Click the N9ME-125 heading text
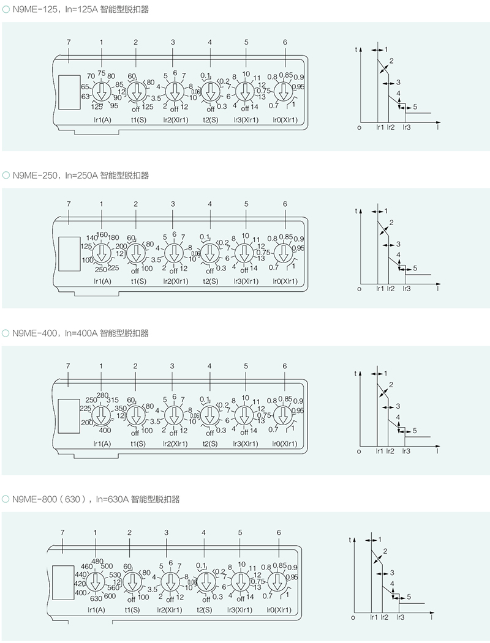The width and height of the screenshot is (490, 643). (80, 10)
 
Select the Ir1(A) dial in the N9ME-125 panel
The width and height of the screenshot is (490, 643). (101, 91)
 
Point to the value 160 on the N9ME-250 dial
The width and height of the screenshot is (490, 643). (102, 234)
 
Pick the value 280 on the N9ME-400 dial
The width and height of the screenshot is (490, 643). (102, 395)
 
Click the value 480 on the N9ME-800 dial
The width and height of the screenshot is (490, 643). (97, 562)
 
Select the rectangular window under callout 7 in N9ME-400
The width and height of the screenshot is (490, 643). (69, 413)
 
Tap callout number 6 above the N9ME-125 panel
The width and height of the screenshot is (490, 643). (285, 42)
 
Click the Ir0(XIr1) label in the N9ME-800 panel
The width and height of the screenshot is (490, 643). (279, 609)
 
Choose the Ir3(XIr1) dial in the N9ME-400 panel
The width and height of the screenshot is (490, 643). (245, 414)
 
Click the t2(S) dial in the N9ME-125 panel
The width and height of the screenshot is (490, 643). (210, 91)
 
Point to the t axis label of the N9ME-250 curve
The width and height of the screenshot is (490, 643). (356, 211)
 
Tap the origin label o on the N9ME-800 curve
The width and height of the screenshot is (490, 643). (353, 617)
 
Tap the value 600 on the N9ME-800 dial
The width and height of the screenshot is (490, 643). (110, 597)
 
